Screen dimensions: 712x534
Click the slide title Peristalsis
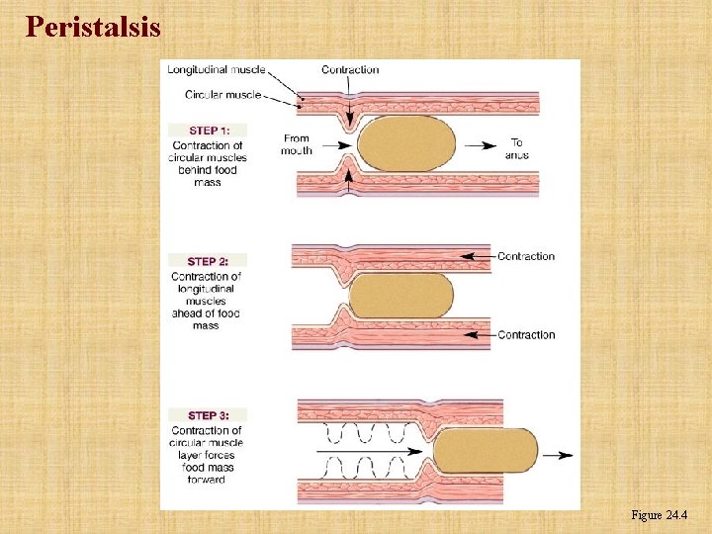coord(93,27)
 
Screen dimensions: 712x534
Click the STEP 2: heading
coord(209,261)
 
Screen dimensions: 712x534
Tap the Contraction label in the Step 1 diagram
coord(350,69)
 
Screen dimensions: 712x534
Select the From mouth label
coord(297,144)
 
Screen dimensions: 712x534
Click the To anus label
coord(516,148)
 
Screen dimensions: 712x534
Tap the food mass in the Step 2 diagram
coord(400,296)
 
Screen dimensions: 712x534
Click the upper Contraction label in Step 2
coord(526,256)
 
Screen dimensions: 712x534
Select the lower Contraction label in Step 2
coord(526,335)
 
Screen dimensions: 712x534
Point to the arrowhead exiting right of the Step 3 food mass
coord(565,455)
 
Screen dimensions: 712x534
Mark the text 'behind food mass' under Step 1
coord(208,176)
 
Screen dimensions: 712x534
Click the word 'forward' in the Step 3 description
coord(207,480)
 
